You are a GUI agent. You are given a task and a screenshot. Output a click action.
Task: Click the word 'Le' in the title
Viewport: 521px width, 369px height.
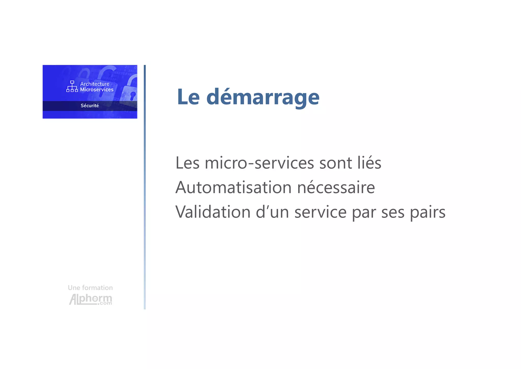(188, 97)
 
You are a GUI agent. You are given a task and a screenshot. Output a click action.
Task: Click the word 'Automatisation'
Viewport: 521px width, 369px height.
(234, 187)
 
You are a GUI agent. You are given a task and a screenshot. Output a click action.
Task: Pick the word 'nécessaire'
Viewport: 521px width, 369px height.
(336, 187)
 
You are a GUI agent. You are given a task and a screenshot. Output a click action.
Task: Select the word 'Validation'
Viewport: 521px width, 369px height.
(213, 212)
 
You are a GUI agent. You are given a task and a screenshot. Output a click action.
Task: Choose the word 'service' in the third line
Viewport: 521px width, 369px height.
(320, 212)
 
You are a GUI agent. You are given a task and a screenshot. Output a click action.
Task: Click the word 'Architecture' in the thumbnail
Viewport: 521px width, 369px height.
(95, 84)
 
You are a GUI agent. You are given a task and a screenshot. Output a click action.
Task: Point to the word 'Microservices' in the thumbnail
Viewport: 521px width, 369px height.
(97, 89)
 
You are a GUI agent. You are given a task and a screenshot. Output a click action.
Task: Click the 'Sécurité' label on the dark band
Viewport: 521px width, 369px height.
(90, 106)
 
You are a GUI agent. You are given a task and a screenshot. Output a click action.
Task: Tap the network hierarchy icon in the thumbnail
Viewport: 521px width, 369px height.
(72, 86)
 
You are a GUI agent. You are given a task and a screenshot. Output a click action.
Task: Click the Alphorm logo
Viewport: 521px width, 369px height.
(91, 299)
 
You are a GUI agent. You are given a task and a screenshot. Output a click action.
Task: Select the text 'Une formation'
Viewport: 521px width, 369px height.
(90, 288)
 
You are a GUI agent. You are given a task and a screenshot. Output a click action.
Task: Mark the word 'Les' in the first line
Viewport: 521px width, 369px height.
(187, 163)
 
